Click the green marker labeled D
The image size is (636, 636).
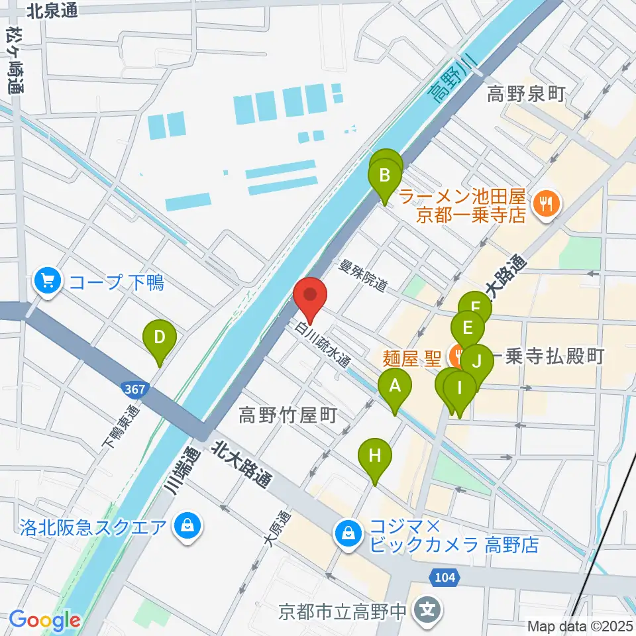[x=159, y=338]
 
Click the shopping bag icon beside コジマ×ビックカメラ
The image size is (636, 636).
[x=346, y=531]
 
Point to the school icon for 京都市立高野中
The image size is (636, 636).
[x=428, y=606]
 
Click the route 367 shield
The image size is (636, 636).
[x=134, y=390]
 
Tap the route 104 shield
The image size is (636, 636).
[x=446, y=578]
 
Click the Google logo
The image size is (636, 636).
[x=44, y=620]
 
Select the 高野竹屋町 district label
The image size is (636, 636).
[x=288, y=416]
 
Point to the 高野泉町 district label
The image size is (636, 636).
[x=526, y=95]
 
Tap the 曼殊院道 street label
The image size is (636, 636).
[x=362, y=277]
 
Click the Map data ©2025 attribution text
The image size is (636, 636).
[x=580, y=625]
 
